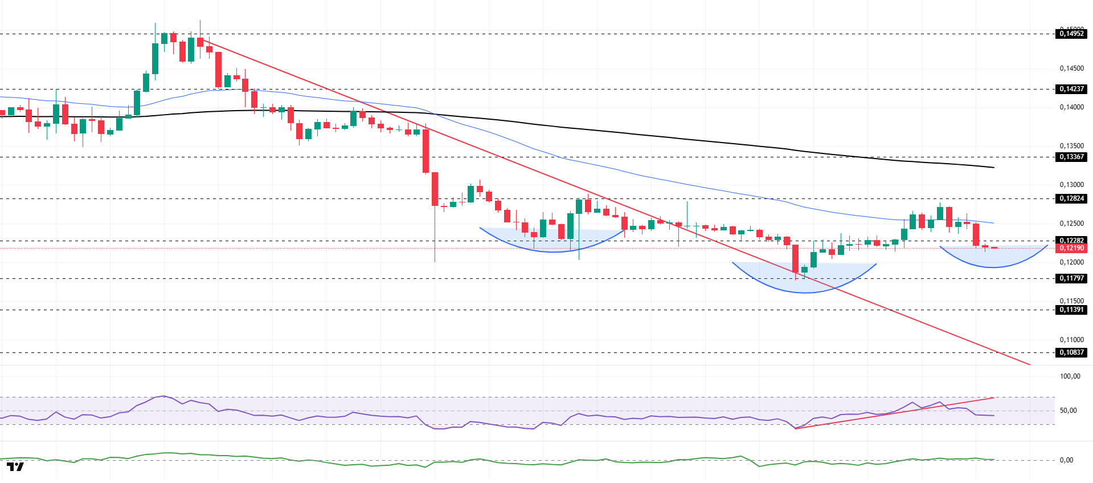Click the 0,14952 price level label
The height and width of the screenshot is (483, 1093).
pyautogui.click(x=1071, y=34)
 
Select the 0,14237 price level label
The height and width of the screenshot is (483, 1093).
pyautogui.click(x=1071, y=89)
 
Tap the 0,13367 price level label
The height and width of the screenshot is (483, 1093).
pyautogui.click(x=1071, y=157)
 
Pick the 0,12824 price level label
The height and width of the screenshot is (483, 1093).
pyautogui.click(x=1071, y=198)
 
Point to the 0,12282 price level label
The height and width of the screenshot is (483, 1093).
pyautogui.click(x=1071, y=240)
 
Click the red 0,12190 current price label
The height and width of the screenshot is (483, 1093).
pyautogui.click(x=1071, y=248)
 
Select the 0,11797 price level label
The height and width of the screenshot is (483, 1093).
pyautogui.click(x=1071, y=278)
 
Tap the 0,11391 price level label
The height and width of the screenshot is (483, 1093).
pyautogui.click(x=1071, y=310)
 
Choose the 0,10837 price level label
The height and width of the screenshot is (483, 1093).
pyautogui.click(x=1071, y=352)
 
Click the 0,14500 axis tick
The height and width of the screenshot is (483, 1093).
pyautogui.click(x=1071, y=68)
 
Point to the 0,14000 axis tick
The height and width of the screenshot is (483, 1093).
pyautogui.click(x=1071, y=107)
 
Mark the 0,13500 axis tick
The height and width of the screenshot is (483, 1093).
pyautogui.click(x=1071, y=146)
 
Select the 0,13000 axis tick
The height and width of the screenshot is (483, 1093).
pyautogui.click(x=1071, y=185)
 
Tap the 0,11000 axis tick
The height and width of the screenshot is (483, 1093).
pyautogui.click(x=1071, y=340)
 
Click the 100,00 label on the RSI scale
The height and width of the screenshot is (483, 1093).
pyautogui.click(x=1070, y=376)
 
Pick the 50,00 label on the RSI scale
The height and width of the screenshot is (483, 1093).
pyautogui.click(x=1067, y=411)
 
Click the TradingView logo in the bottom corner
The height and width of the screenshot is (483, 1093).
pyautogui.click(x=15, y=467)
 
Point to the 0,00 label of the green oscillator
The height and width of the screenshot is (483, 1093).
pyautogui.click(x=1066, y=460)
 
